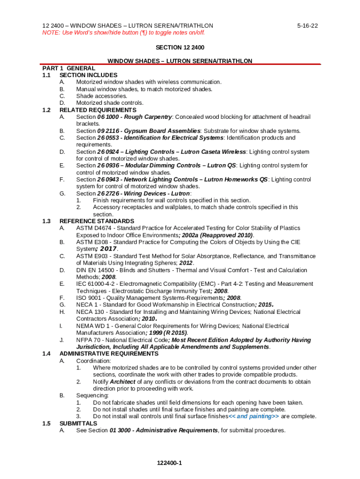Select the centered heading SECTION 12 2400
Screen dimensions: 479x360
[180, 48]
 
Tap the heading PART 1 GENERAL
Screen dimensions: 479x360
[68, 68]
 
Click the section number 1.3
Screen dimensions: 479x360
[46, 221]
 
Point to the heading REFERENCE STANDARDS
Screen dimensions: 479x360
[97, 221]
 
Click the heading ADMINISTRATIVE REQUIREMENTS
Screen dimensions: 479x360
[109, 354]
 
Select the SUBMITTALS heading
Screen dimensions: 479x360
[79, 423]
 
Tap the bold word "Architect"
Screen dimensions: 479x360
[122, 382]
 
